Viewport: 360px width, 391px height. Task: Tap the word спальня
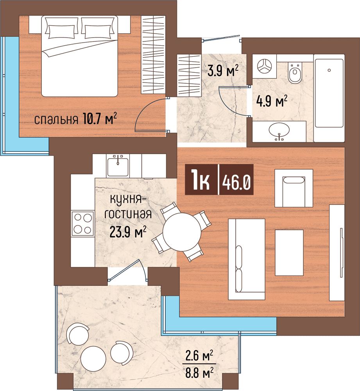(x=56, y=120)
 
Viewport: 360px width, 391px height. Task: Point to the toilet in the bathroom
(x=295, y=72)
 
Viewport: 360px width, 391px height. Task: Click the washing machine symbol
(x=264, y=66)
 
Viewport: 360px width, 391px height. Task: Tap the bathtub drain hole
(x=329, y=70)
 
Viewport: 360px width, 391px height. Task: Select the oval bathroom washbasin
(x=279, y=130)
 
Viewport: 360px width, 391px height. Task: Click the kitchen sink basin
(x=118, y=167)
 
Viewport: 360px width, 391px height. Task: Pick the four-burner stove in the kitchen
(x=83, y=224)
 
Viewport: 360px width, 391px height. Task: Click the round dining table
(x=182, y=232)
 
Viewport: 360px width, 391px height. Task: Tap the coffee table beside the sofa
(x=289, y=253)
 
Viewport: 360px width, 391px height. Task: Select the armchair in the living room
(x=294, y=188)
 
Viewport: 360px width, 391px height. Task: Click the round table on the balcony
(x=93, y=359)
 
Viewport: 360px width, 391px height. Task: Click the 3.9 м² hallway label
(x=223, y=70)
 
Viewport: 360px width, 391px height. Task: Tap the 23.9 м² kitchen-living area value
(x=128, y=231)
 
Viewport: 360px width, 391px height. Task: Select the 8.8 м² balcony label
(x=199, y=373)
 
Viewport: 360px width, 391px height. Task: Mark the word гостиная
(x=128, y=214)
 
